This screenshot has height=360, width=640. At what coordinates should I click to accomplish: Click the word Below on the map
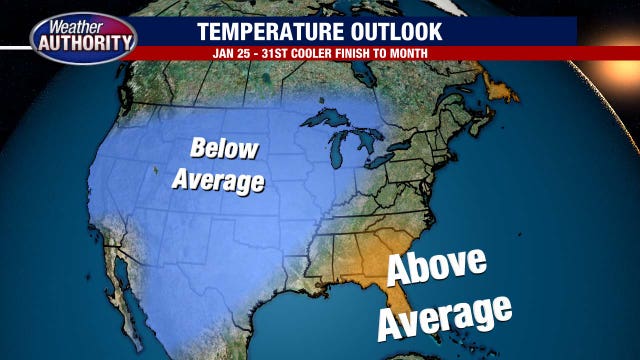(x=224, y=151)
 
